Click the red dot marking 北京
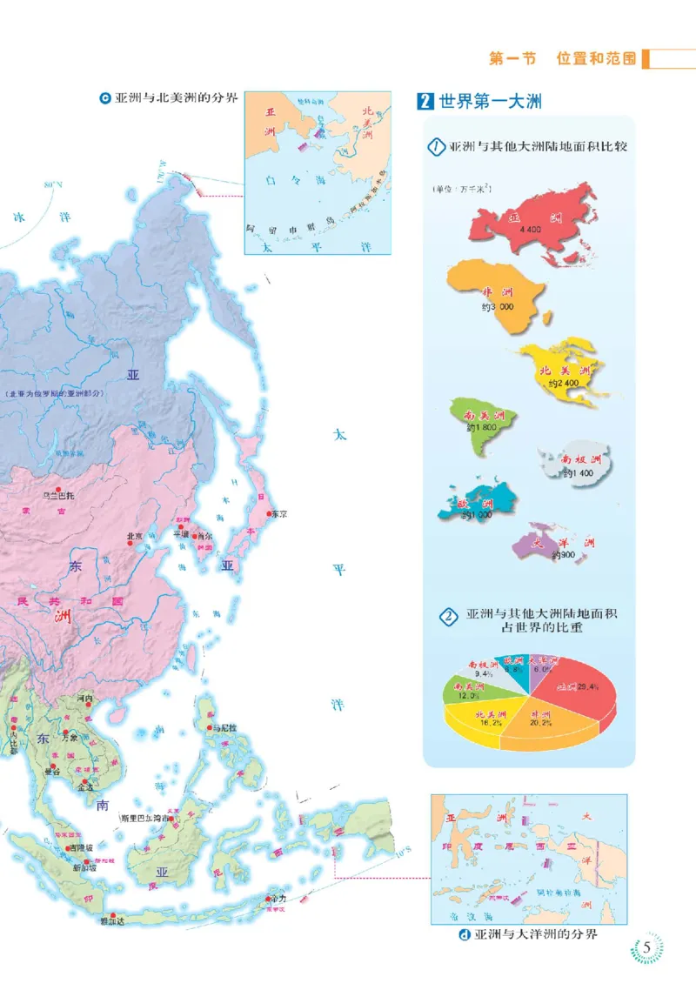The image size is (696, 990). [140, 525]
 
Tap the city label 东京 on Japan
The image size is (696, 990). [278, 514]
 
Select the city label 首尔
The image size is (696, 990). [202, 536]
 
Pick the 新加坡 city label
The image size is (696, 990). [85, 867]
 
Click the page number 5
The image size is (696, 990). [646, 948]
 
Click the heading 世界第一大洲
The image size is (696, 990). [490, 101]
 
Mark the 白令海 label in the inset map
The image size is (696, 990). [297, 180]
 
